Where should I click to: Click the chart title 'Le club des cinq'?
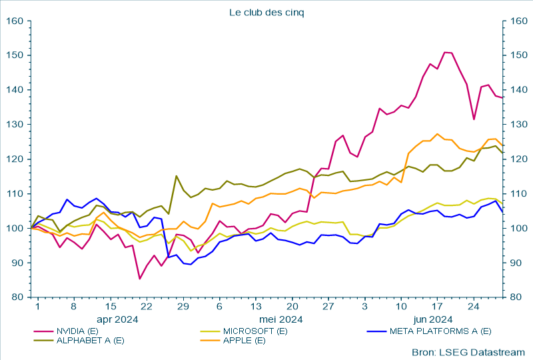tap(266, 12)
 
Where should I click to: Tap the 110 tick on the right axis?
tap(516, 194)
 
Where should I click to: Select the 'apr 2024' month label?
tap(118, 319)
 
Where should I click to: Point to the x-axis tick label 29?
tap(183, 307)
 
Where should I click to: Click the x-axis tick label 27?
tap(328, 307)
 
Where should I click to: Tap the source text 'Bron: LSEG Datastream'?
tap(468, 352)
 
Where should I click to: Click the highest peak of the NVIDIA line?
tap(445, 52)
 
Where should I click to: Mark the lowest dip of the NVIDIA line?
tap(139, 279)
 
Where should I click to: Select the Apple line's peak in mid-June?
tap(437, 133)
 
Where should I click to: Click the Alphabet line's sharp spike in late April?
tap(176, 176)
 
